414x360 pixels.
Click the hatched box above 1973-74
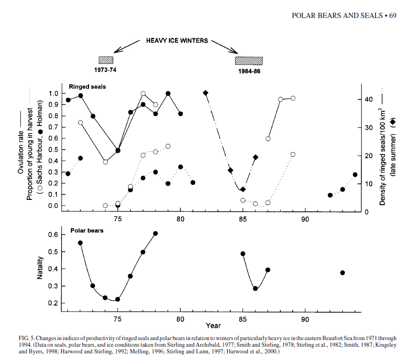(106, 60)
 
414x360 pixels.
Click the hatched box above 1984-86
(249, 60)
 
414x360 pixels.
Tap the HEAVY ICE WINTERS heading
(176, 41)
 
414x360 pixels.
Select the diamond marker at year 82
(206, 93)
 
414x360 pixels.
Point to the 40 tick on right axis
(372, 99)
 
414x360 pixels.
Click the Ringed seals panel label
(87, 87)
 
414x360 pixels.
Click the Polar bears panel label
(87, 231)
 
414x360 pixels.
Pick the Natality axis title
(40, 267)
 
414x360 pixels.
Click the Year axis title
(213, 325)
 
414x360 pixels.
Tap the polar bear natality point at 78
(155, 234)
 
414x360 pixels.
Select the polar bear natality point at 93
(342, 273)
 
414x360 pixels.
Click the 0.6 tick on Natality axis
(54, 235)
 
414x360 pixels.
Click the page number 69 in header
(392, 16)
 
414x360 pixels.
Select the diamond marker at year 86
(255, 157)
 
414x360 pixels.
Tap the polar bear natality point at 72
(81, 243)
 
